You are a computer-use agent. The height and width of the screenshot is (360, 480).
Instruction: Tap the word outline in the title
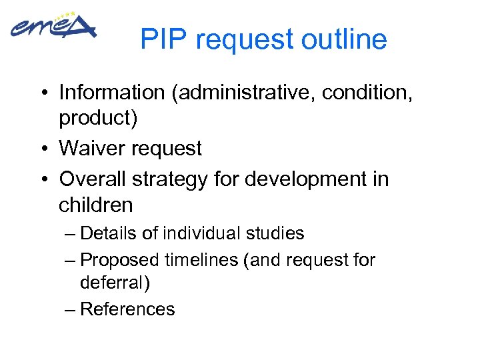coord(344,40)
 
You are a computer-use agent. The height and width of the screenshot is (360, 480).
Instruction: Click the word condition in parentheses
coord(364,92)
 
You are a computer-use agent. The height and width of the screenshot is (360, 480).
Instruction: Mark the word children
coord(96,205)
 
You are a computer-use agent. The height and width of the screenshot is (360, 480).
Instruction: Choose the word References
coord(127,309)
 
